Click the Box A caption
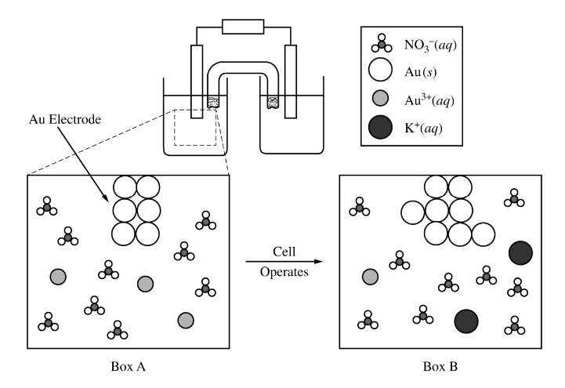pyautogui.click(x=127, y=366)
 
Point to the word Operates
pyautogui.click(x=283, y=272)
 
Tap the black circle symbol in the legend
pyautogui.click(x=376, y=126)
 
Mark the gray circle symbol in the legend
pyautogui.click(x=376, y=99)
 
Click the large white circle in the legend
pyautogui.click(x=376, y=70)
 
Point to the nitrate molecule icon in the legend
pyautogui.click(x=376, y=41)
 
